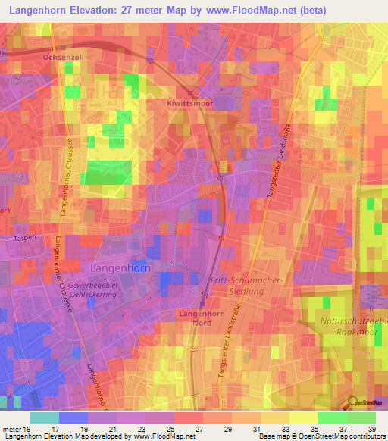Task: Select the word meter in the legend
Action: tap(14, 429)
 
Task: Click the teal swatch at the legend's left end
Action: tap(44, 418)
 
